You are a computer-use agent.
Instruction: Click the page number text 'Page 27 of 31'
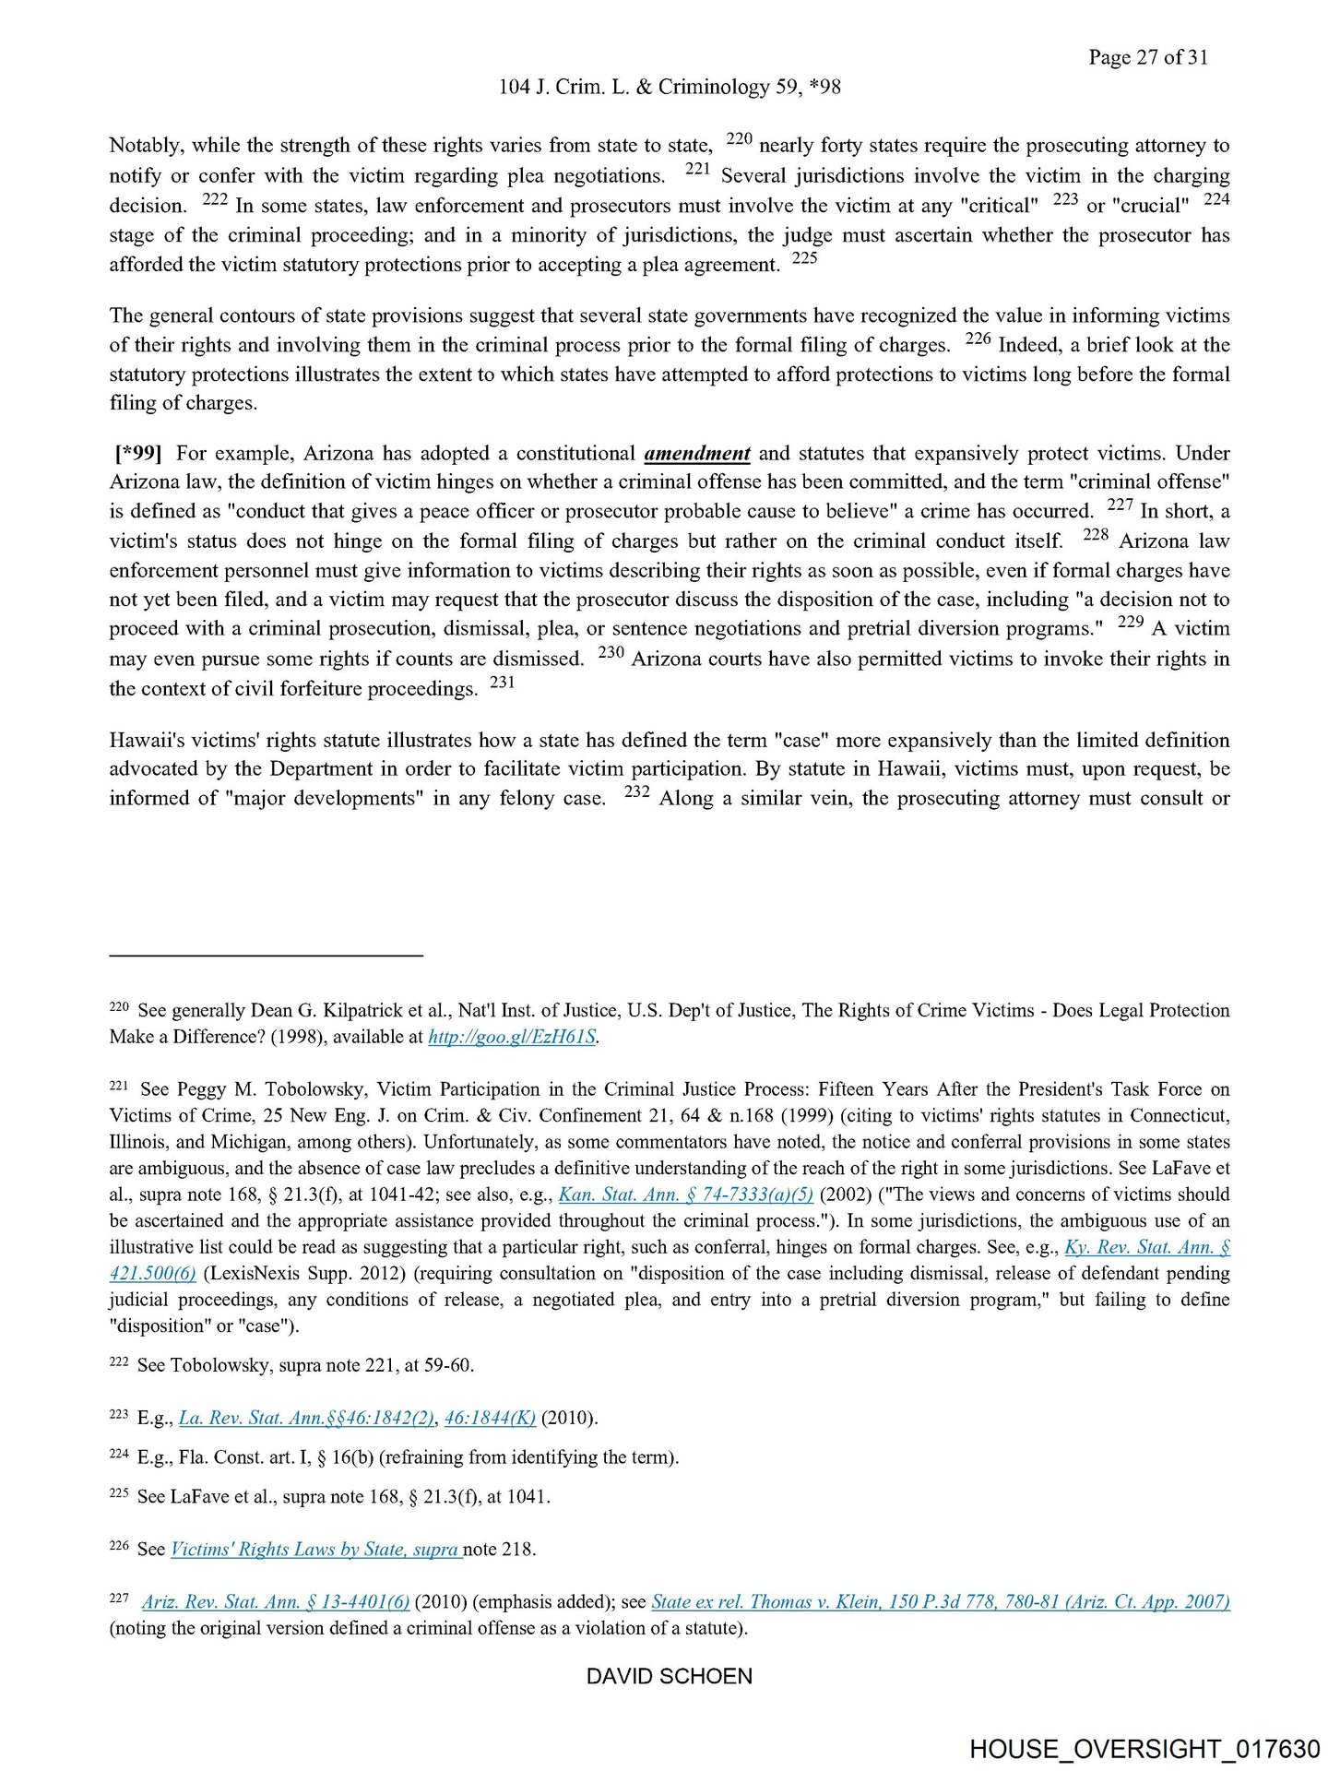1147,57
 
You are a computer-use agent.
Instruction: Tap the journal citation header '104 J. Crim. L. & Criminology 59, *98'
669,87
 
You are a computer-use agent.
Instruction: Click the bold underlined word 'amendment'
696,453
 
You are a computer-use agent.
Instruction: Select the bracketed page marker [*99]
138,453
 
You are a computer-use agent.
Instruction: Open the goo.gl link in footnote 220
513,1037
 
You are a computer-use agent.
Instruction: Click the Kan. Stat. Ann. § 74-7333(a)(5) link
686,1195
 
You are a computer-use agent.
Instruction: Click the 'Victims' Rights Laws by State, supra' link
314,1549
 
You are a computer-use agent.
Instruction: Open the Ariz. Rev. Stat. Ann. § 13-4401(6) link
276,1602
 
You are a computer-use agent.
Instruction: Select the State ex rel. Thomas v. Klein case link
940,1602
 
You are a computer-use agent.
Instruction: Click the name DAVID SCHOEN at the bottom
669,1676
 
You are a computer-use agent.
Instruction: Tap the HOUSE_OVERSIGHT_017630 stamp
1144,1748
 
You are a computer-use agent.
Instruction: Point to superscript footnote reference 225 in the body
804,258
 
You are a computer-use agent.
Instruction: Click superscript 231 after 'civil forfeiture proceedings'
502,683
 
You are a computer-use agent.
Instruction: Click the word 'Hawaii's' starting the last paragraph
148,740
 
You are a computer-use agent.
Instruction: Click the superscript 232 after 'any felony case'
637,791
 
